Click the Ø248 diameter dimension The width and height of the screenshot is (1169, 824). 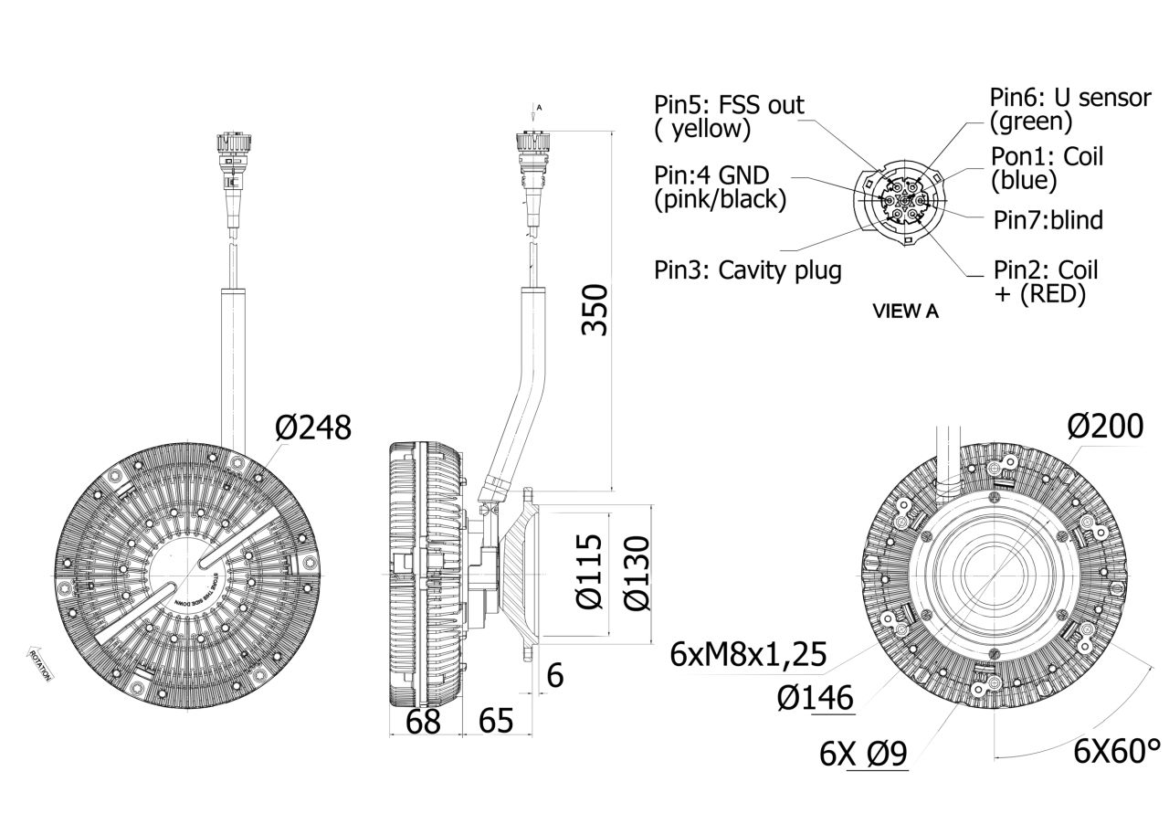(313, 428)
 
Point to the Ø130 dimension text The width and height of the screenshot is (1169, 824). (637, 573)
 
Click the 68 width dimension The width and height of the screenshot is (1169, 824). (423, 722)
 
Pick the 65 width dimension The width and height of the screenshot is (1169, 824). (495, 722)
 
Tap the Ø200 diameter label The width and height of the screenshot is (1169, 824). (1104, 425)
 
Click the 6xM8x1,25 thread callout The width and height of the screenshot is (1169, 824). (748, 654)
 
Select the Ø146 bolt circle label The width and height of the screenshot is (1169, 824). (816, 699)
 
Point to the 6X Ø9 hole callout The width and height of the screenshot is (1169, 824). (863, 755)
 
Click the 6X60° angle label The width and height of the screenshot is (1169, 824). (1116, 752)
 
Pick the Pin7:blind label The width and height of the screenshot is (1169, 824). (1048, 220)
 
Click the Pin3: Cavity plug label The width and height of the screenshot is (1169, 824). (747, 270)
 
